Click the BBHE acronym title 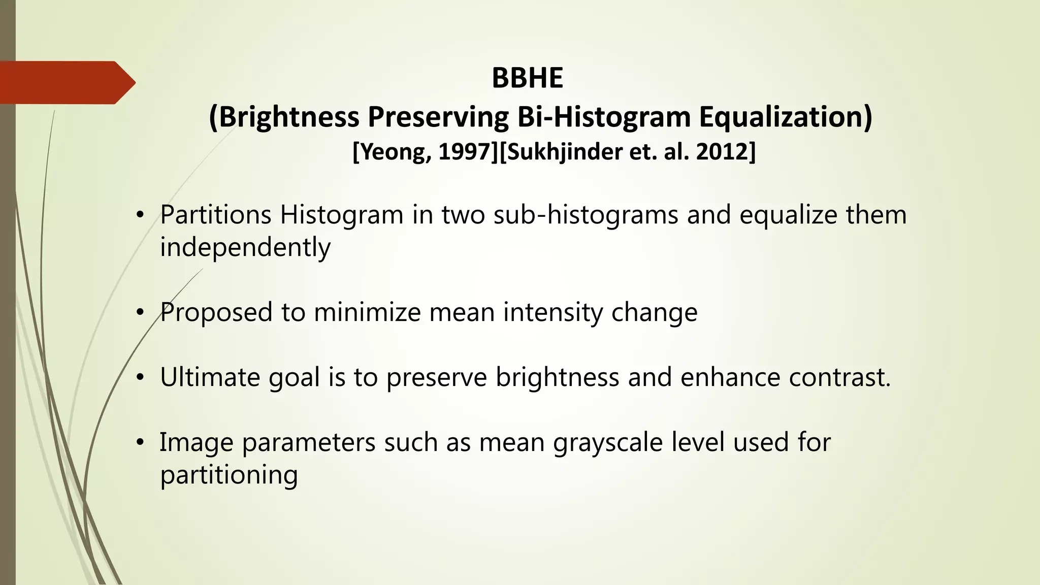point(527,78)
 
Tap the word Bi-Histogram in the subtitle point(604,117)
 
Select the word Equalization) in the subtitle point(786,117)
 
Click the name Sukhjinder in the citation point(564,152)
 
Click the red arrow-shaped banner point(66,82)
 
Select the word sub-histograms point(586,215)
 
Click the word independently point(245,248)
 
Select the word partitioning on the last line point(229,475)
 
